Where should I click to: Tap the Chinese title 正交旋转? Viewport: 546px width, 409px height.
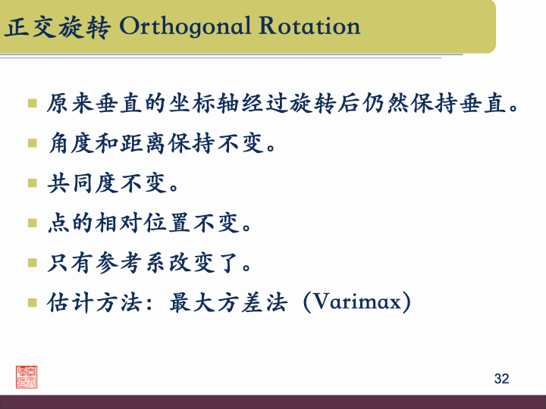(x=58, y=27)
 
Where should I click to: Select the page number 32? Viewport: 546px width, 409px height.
(x=501, y=379)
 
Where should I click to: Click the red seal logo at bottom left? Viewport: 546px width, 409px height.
(x=27, y=377)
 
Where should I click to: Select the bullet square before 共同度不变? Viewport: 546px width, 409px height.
(x=33, y=183)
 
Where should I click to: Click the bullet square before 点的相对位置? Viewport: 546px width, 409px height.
(x=33, y=223)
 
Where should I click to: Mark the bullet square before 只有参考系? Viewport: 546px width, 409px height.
(x=33, y=264)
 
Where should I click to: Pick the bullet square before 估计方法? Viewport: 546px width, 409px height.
(x=33, y=304)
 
